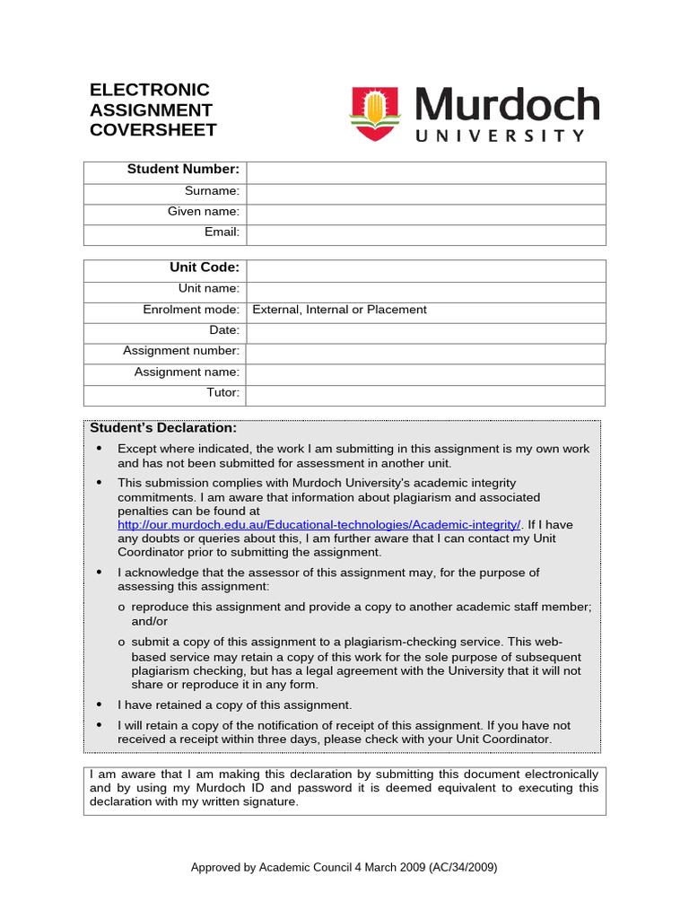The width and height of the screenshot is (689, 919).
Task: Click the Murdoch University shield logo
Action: pyautogui.click(x=373, y=114)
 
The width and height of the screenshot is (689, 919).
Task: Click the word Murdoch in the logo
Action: pyautogui.click(x=507, y=106)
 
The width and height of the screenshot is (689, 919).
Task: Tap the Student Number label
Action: pyautogui.click(x=183, y=169)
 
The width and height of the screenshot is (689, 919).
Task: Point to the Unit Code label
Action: pyautogui.click(x=205, y=267)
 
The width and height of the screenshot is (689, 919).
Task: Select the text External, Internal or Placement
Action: pyautogui.click(x=339, y=310)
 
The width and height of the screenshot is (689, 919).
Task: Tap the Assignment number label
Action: pyautogui.click(x=181, y=351)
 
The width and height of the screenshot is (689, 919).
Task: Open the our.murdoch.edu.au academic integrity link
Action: pyautogui.click(x=319, y=524)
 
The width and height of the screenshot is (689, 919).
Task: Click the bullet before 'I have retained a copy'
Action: pyautogui.click(x=99, y=705)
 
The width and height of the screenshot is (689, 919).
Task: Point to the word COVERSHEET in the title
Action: pyautogui.click(x=153, y=130)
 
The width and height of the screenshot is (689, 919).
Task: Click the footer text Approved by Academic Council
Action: pyautogui.click(x=344, y=867)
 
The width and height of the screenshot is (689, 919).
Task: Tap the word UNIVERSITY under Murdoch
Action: pyautogui.click(x=499, y=136)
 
